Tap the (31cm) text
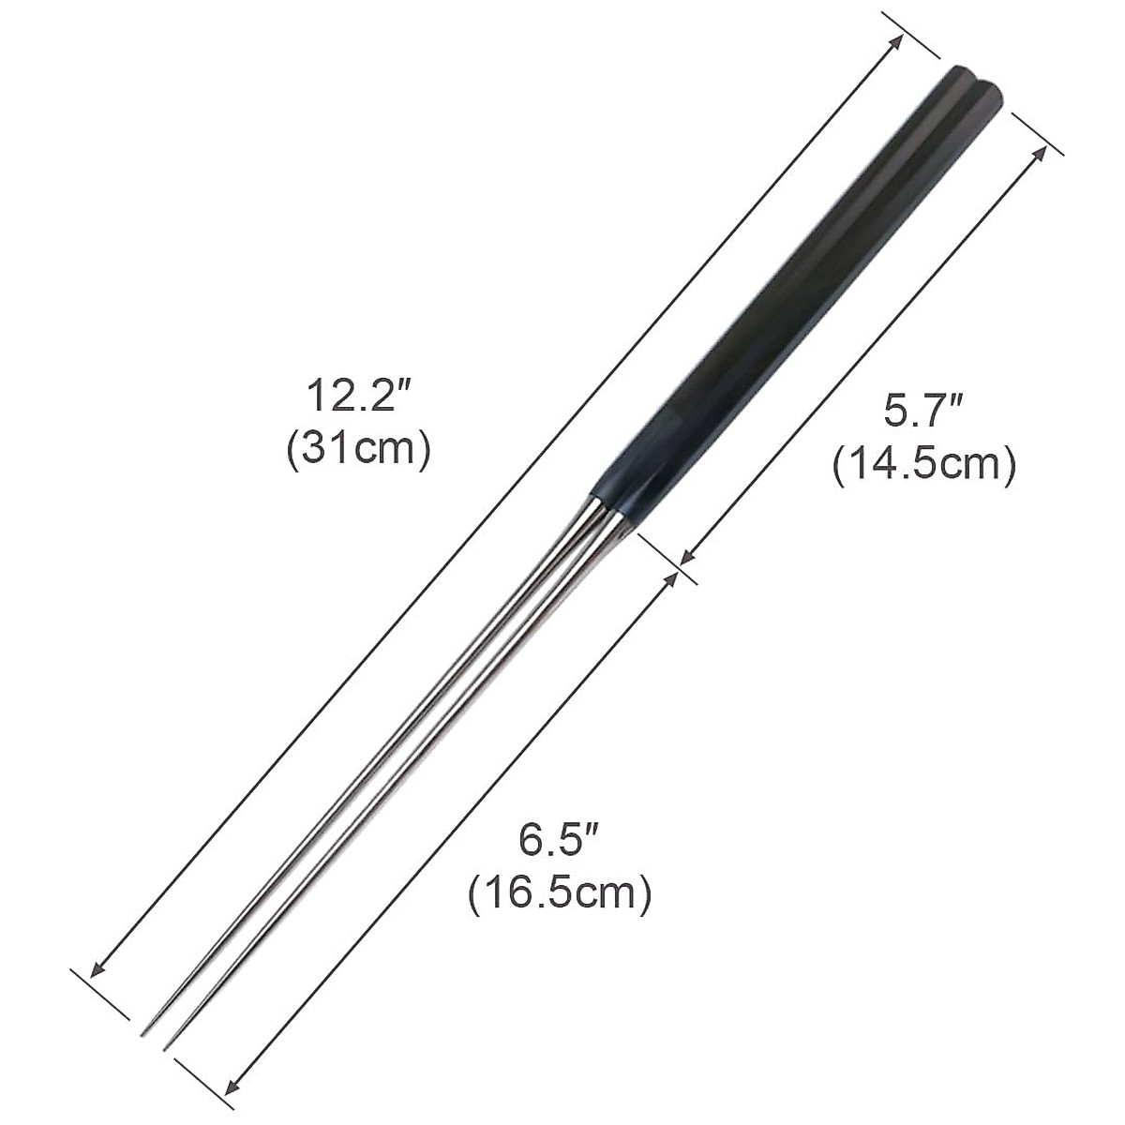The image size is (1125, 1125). [357, 448]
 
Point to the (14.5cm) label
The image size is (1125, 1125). [922, 466]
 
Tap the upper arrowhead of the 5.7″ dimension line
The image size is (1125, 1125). [1041, 153]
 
